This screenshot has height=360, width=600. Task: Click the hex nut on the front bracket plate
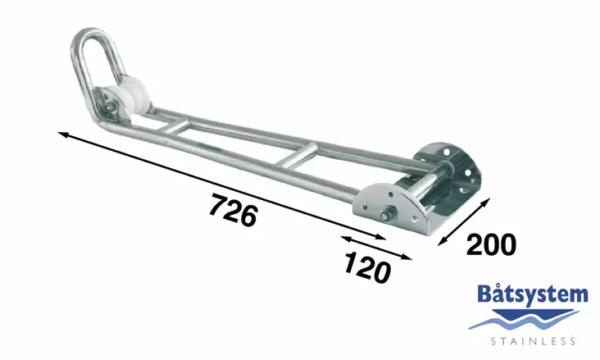[x=385, y=216]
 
